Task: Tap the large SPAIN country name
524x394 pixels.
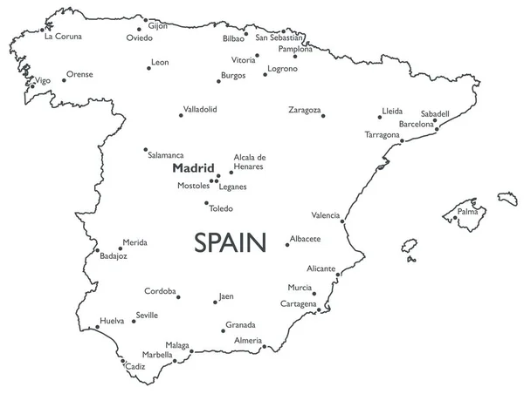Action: tap(229, 241)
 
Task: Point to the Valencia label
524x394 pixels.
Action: tap(325, 214)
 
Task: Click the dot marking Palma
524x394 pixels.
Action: tap(458, 209)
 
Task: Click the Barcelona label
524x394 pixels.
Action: tap(416, 125)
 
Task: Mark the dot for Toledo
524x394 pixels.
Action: tap(206, 204)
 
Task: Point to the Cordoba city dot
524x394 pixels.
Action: tap(179, 297)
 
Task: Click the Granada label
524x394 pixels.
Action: tap(240, 324)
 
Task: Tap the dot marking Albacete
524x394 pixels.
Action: tap(286, 244)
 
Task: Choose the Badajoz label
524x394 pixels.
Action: tap(114, 256)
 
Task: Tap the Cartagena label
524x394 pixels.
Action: tap(298, 303)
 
